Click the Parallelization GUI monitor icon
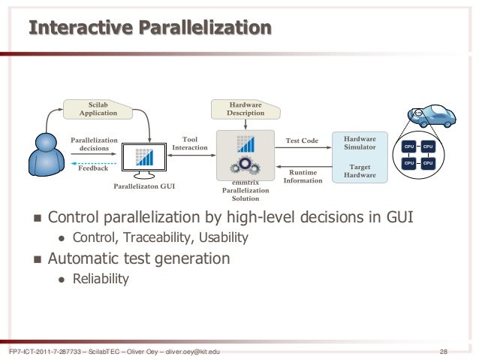pyautogui.click(x=144, y=156)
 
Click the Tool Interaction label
pyautogui.click(x=185, y=143)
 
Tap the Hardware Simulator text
pyautogui.click(x=360, y=143)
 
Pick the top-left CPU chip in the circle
pyautogui.click(x=409, y=146)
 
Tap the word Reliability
pyautogui.click(x=100, y=279)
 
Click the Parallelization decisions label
pyautogui.click(x=94, y=144)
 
